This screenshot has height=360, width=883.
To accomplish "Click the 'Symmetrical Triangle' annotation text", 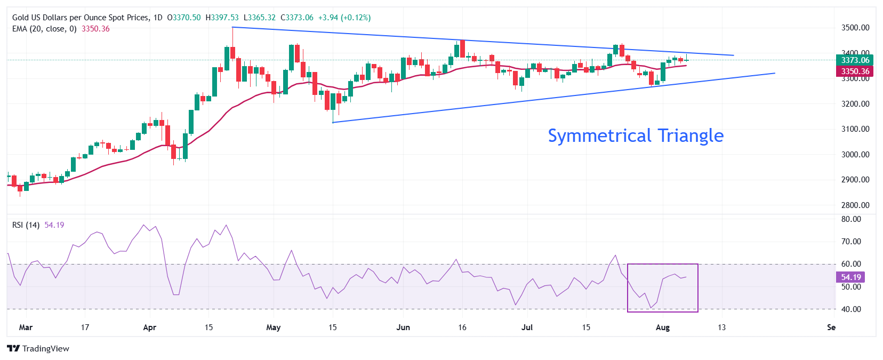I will (636, 135).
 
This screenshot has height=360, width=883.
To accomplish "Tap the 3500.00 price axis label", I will (855, 28).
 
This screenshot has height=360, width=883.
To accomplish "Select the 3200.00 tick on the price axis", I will (855, 104).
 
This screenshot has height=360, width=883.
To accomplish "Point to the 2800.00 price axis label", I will (855, 205).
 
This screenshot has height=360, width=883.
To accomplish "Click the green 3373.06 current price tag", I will (855, 60).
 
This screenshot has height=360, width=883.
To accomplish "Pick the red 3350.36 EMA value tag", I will (855, 71).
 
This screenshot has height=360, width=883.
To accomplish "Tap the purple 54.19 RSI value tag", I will (851, 277).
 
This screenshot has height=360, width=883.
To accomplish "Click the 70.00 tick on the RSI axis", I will (851, 242).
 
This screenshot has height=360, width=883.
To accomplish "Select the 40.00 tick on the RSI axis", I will (851, 309).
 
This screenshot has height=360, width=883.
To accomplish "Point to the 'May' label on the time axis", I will (273, 327).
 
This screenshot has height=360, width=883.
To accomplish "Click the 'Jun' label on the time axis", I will (403, 327).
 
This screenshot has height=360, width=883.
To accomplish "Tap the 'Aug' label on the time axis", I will (662, 327).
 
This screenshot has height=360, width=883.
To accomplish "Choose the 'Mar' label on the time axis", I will (26, 327).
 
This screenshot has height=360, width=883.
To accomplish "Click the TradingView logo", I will (38, 349).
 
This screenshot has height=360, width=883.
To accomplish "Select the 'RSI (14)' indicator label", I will (26, 225).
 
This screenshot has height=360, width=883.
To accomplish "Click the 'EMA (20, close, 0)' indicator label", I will (44, 29).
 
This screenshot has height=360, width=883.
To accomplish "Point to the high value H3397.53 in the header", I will (222, 18).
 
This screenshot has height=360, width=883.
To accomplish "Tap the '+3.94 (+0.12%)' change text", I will (344, 18).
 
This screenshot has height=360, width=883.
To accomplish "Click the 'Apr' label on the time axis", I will (149, 327).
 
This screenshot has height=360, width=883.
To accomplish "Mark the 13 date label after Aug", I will (721, 327).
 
